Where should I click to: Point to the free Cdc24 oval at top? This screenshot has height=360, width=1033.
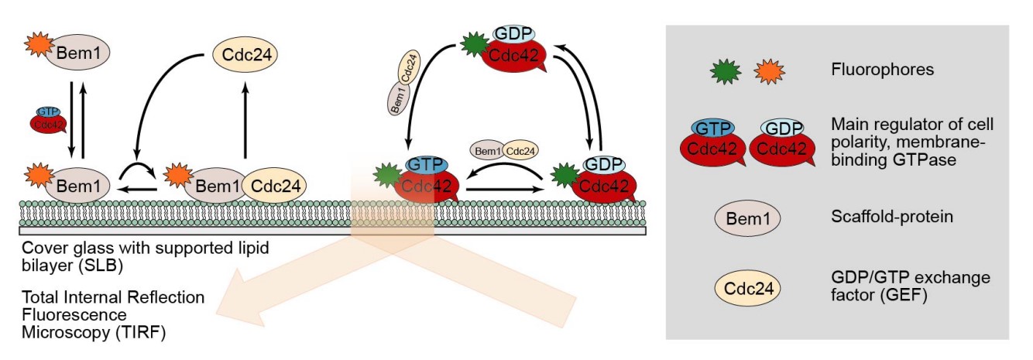tap(245, 57)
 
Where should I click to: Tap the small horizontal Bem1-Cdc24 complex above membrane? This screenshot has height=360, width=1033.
tap(504, 149)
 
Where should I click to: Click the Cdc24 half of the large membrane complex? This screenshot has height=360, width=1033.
tap(273, 186)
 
